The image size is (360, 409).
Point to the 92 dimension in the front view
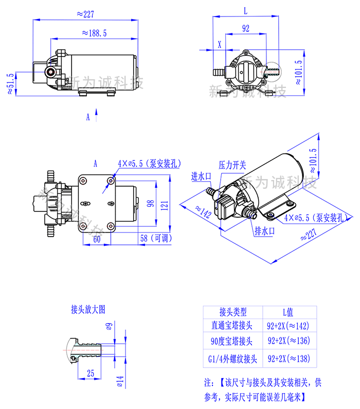(245, 29)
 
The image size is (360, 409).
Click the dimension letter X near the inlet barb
(220, 44)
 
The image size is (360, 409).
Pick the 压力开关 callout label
(232, 165)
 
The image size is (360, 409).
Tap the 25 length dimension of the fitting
(90, 374)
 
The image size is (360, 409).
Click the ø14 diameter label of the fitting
(120, 381)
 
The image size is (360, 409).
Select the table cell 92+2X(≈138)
(288, 358)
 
